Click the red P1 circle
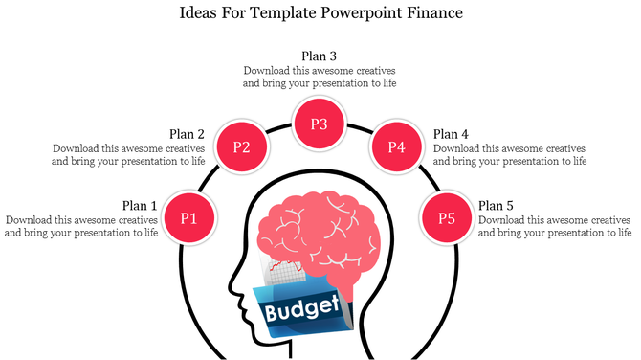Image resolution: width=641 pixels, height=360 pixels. [189, 217]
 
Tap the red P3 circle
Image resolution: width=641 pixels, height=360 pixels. [320, 124]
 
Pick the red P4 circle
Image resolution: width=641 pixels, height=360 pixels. [397, 147]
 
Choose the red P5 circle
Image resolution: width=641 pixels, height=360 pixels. [447, 217]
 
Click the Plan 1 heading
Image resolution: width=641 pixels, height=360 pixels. [140, 205]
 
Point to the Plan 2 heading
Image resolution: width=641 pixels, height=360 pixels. [187, 134]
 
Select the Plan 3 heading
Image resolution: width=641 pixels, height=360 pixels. [319, 56]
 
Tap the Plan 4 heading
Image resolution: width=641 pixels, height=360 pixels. [451, 134]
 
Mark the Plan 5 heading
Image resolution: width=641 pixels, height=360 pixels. [496, 205]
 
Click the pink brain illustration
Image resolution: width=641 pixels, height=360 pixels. [320, 230]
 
